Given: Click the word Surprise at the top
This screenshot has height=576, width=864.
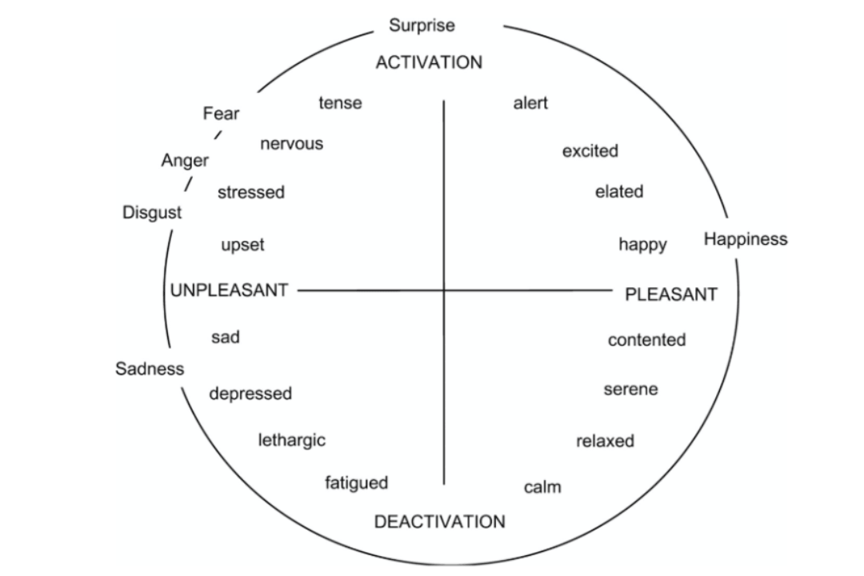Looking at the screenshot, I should pyautogui.click(x=422, y=26).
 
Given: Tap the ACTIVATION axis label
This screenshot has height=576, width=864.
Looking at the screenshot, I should pyautogui.click(x=429, y=63).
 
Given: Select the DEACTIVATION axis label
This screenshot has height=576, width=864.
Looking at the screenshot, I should pyautogui.click(x=439, y=522).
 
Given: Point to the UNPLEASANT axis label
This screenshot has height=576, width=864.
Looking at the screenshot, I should pyautogui.click(x=229, y=290).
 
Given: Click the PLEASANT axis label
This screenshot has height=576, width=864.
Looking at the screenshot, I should pyautogui.click(x=670, y=294).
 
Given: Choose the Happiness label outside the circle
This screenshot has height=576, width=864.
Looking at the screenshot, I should pyautogui.click(x=745, y=239).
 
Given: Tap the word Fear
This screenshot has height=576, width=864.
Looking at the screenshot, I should pyautogui.click(x=221, y=114).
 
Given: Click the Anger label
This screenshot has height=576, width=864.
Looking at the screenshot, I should pyautogui.click(x=185, y=161).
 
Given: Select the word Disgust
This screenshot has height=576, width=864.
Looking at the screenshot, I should pyautogui.click(x=152, y=213).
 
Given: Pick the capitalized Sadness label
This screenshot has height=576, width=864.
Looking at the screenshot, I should pyautogui.click(x=150, y=369).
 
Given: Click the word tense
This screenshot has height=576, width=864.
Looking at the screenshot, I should pyautogui.click(x=340, y=103).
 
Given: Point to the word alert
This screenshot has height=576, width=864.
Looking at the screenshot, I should pyautogui.click(x=530, y=103).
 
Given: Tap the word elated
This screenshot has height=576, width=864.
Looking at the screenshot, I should pyautogui.click(x=618, y=192).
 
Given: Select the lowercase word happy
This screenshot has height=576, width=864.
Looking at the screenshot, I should pyautogui.click(x=642, y=245).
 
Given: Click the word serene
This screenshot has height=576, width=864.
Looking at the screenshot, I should pyautogui.click(x=630, y=390).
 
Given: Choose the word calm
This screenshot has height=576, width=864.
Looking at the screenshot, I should pyautogui.click(x=542, y=486).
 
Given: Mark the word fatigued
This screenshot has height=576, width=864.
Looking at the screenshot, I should pyautogui.click(x=356, y=483).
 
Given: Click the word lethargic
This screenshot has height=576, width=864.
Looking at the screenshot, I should pyautogui.click(x=291, y=440).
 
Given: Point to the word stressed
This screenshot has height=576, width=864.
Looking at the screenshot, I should pyautogui.click(x=251, y=193).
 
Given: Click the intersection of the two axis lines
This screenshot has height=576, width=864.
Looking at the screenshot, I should pyautogui.click(x=444, y=290).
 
